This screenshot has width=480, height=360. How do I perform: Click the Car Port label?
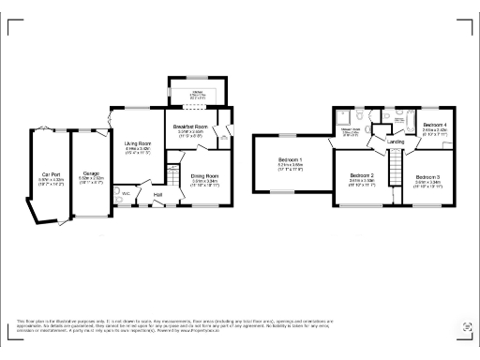(x=51, y=174)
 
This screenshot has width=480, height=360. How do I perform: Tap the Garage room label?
(x=91, y=174)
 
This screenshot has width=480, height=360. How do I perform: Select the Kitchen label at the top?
(x=197, y=92)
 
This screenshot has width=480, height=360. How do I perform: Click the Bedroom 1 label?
(x=291, y=159)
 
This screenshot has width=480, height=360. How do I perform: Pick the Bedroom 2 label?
(x=362, y=175)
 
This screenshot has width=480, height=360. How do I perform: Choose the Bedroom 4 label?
(x=434, y=125)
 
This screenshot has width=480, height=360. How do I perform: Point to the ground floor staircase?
(x=172, y=175)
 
